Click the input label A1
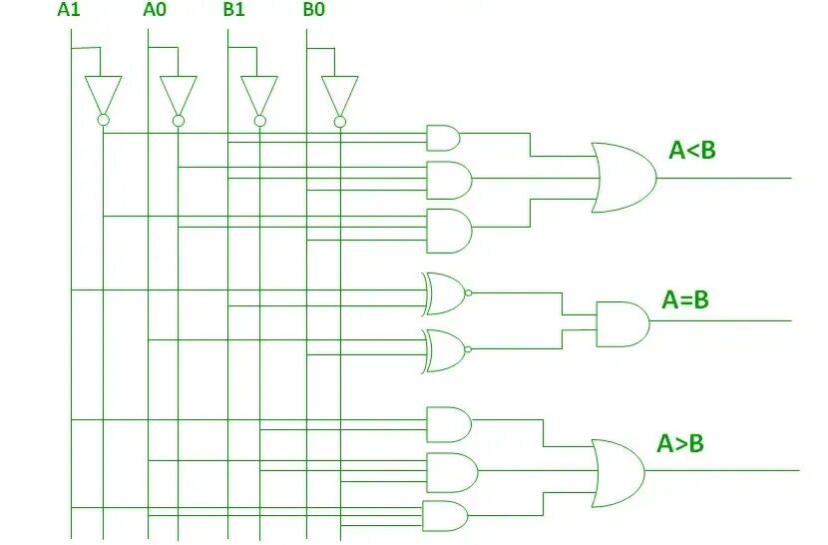(69, 11)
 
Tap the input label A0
(156, 11)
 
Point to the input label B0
(313, 11)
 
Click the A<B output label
(692, 151)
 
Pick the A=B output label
(685, 299)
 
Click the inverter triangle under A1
(103, 95)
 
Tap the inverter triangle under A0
(179, 95)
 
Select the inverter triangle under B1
(259, 95)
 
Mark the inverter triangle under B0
(339, 95)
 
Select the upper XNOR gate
(444, 291)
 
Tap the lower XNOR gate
(444, 350)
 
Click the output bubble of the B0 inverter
(339, 122)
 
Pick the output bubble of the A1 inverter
(103, 121)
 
